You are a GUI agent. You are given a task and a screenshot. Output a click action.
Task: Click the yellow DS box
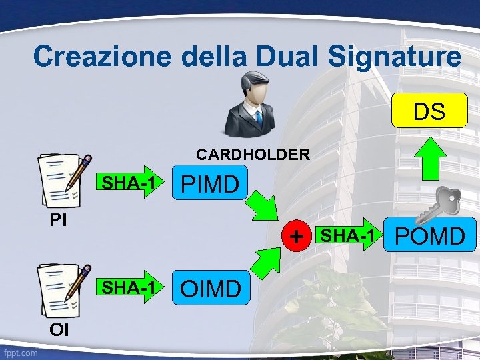point(429,111)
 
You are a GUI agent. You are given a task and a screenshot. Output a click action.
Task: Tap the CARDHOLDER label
point(253,155)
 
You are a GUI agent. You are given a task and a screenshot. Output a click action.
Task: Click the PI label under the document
point(58,219)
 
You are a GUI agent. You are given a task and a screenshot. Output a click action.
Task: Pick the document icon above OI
point(64,289)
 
